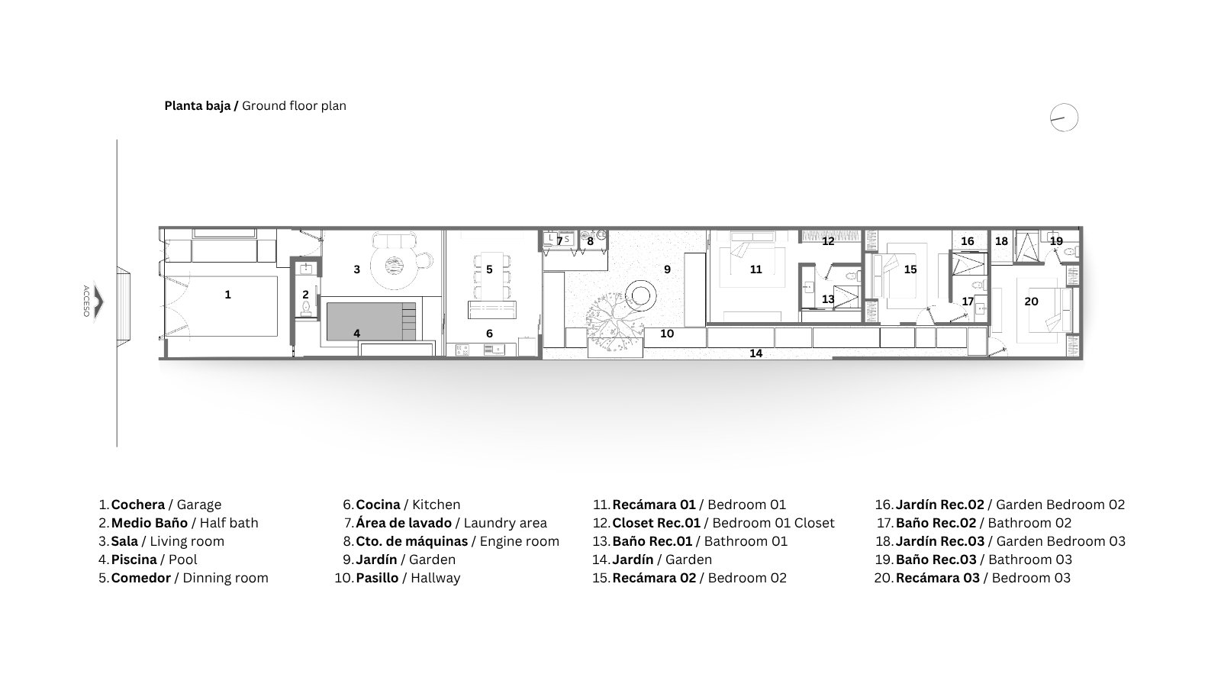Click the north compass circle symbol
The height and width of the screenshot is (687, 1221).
(1064, 104)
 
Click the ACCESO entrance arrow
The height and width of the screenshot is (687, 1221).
(98, 301)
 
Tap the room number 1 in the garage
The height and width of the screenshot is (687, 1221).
(228, 295)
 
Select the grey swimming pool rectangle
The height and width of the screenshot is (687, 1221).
(371, 321)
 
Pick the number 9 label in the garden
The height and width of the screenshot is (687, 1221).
(667, 269)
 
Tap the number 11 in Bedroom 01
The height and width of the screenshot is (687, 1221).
(755, 269)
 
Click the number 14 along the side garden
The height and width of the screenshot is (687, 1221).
(755, 353)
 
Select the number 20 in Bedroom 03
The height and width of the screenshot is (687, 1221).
(1031, 301)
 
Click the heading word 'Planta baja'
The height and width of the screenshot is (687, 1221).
(198, 106)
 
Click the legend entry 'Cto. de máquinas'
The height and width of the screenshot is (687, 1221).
(411, 541)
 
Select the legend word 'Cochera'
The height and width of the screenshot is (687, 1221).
(138, 505)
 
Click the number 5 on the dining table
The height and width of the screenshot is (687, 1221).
(489, 269)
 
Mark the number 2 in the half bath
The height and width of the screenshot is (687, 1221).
(305, 295)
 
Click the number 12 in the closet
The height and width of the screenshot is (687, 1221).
(828, 241)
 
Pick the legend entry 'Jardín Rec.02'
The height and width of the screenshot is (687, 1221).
(939, 505)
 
